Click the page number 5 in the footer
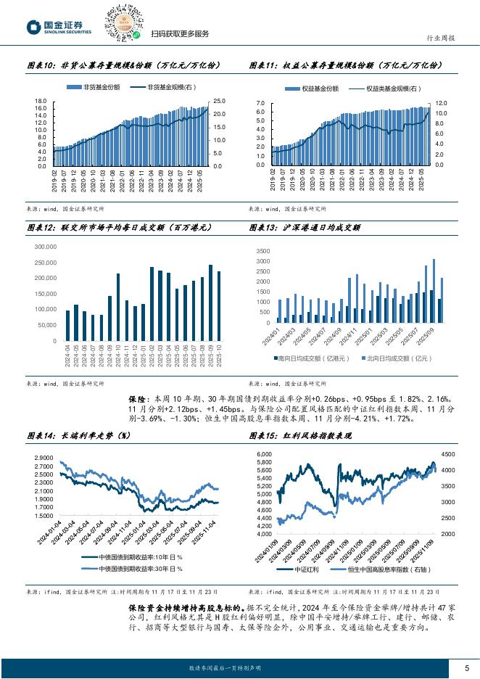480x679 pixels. coord(465,667)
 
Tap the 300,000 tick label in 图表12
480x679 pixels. coord(46,247)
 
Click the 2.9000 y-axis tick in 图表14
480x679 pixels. coord(44,456)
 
